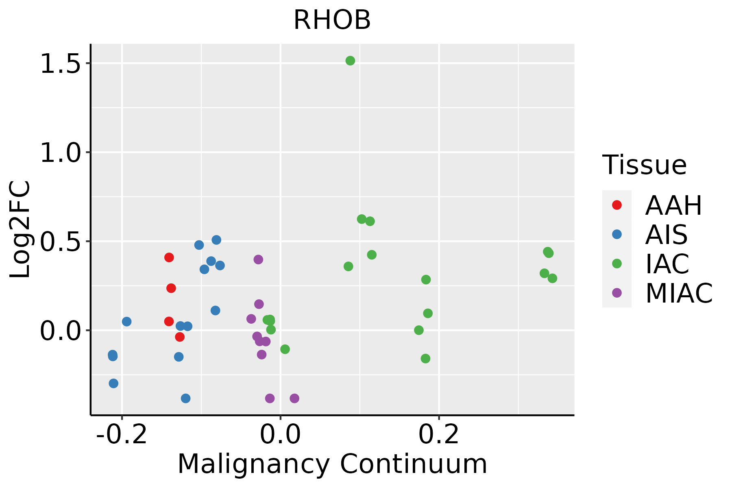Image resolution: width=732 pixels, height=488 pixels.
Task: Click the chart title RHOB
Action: tap(332, 20)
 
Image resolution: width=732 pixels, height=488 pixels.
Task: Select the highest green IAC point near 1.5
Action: tap(350, 61)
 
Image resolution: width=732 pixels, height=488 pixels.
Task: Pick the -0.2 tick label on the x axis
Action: tap(121, 436)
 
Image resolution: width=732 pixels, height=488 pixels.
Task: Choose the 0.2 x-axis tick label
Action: tap(439, 436)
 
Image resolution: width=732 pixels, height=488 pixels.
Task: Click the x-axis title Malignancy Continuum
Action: tap(332, 464)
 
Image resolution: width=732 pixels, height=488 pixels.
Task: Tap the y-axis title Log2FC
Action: tap(20, 229)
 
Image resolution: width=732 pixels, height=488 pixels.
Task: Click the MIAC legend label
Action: tap(679, 293)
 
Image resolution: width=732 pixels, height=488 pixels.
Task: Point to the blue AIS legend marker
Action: tap(617, 234)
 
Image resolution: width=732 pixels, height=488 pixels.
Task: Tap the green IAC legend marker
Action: tap(617, 264)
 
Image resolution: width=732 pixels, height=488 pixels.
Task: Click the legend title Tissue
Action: tap(645, 165)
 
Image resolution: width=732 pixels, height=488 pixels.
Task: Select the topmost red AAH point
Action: tap(169, 257)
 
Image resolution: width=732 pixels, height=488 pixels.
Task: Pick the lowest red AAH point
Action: tap(180, 337)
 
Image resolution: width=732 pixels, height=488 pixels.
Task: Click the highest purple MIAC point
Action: tap(258, 259)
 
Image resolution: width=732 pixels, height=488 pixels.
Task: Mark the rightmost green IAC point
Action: tap(552, 279)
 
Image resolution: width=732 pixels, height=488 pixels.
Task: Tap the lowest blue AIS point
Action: tap(186, 398)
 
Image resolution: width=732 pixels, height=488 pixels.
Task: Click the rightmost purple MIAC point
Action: tap(294, 398)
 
